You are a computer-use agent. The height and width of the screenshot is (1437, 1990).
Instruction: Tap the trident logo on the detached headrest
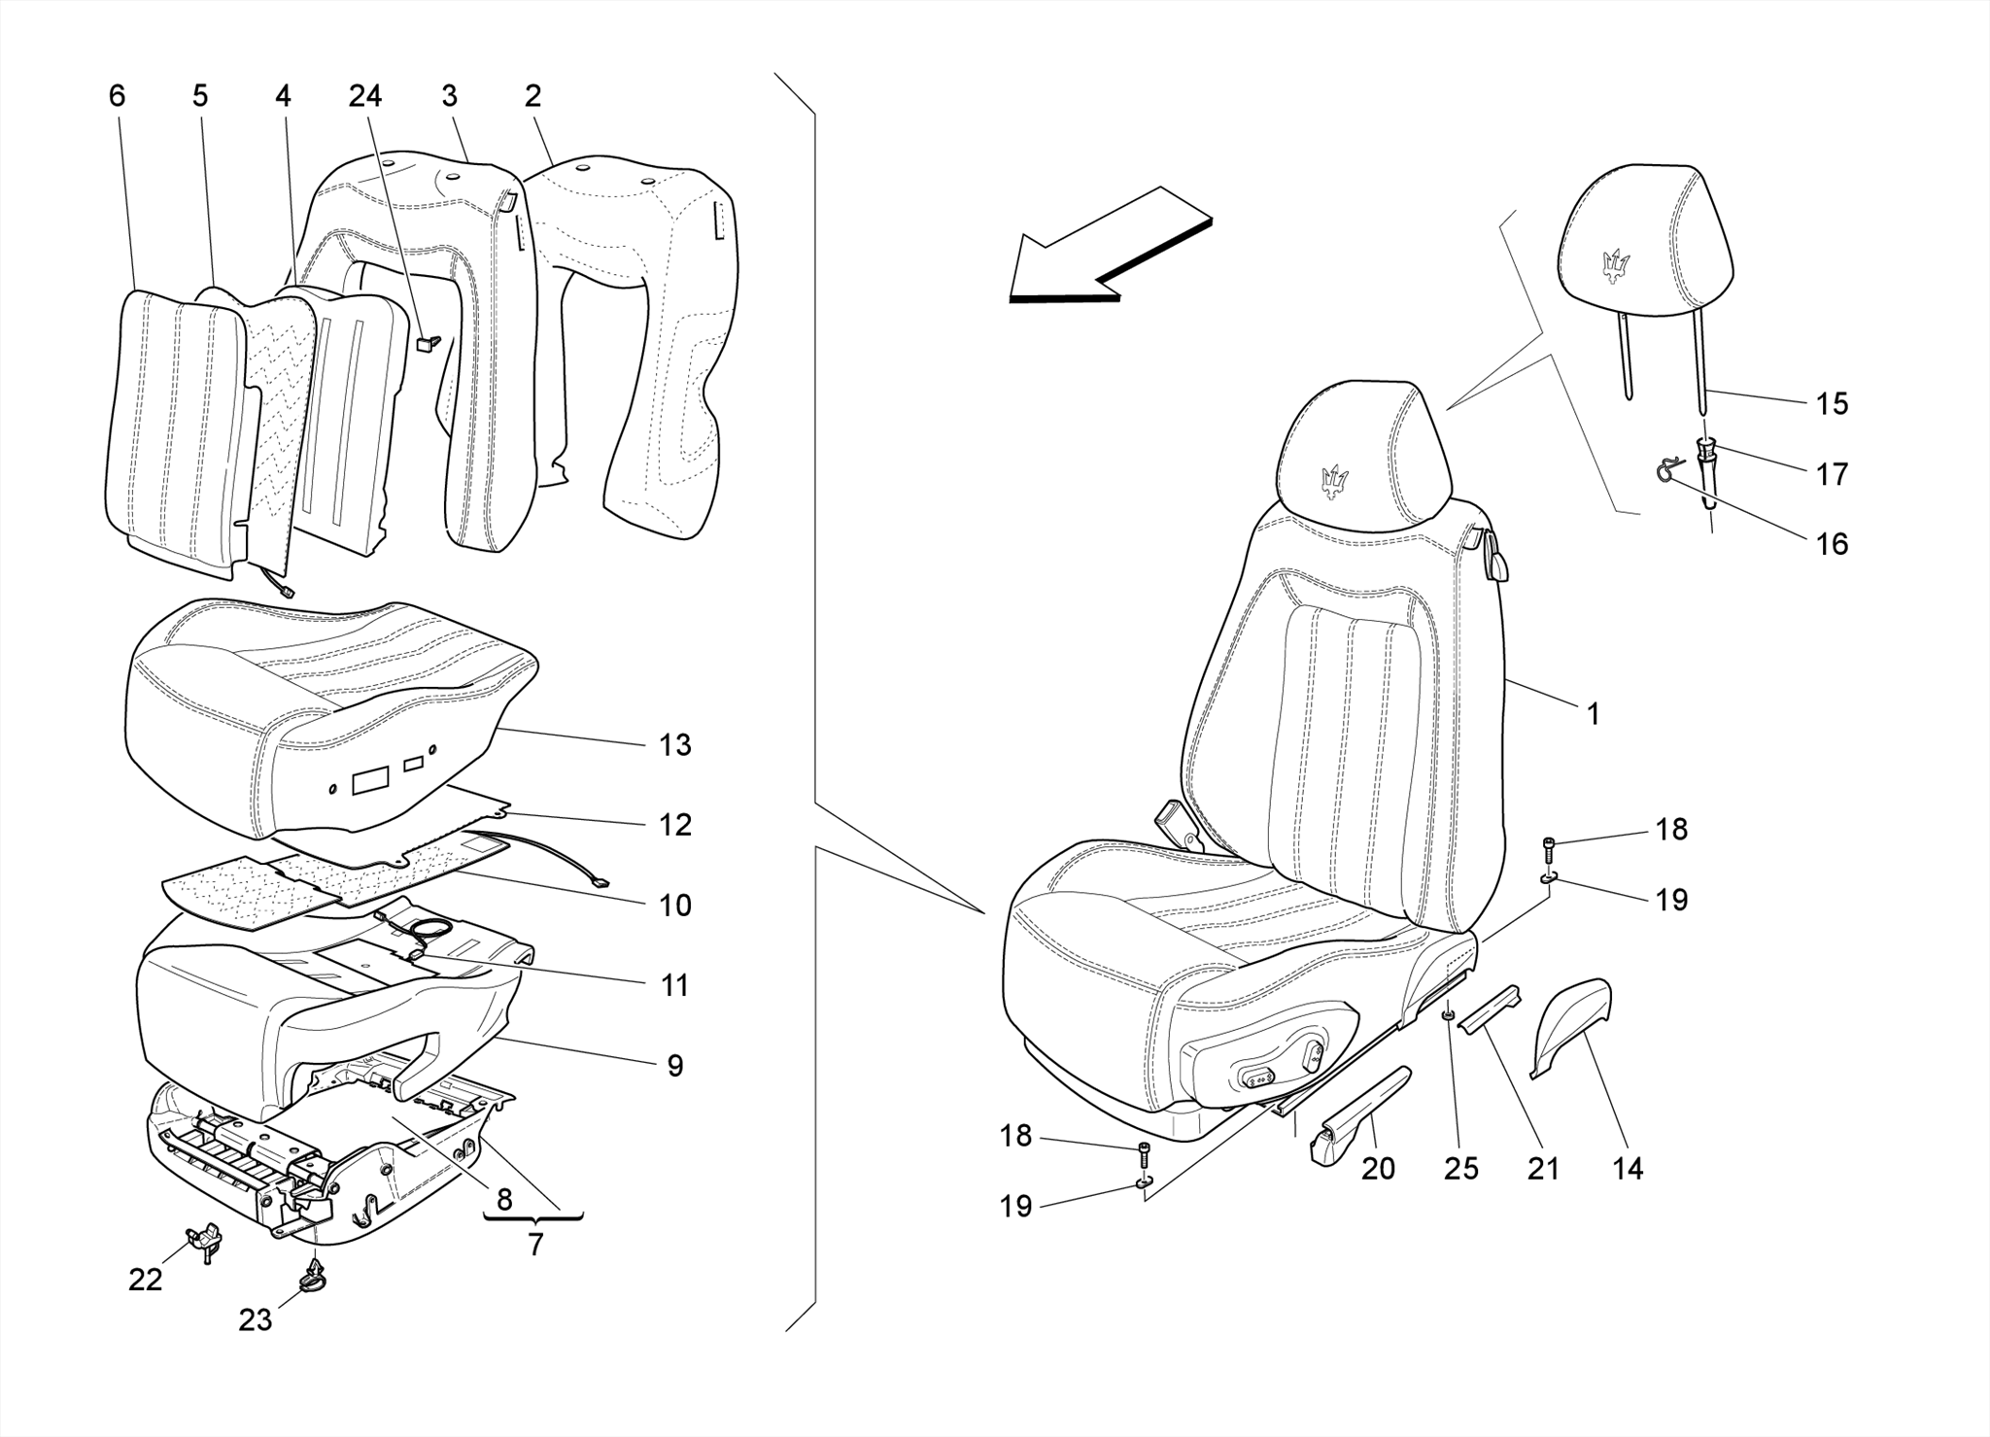coord(1616,264)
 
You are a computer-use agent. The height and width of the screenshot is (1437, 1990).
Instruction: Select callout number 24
coord(365,96)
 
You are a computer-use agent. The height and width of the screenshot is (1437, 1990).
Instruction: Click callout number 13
coord(674,745)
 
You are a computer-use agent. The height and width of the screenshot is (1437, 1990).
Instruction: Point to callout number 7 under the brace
coord(535,1245)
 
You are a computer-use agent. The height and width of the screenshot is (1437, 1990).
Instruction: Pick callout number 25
coord(1460,1168)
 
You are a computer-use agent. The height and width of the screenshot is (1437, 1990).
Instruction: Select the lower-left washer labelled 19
coord(1145,1181)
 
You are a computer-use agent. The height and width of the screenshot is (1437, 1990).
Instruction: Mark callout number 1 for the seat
coord(1593,714)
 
